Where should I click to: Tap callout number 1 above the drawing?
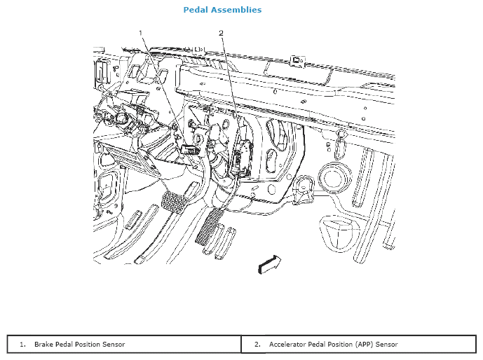[141, 33]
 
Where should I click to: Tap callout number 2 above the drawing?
[221, 33]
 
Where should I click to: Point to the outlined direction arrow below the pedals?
[270, 263]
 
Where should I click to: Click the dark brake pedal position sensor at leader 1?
[189, 148]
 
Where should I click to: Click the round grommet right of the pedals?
[331, 176]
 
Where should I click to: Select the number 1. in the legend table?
[22, 345]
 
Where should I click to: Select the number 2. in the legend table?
[257, 345]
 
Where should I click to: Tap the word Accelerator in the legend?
[288, 345]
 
